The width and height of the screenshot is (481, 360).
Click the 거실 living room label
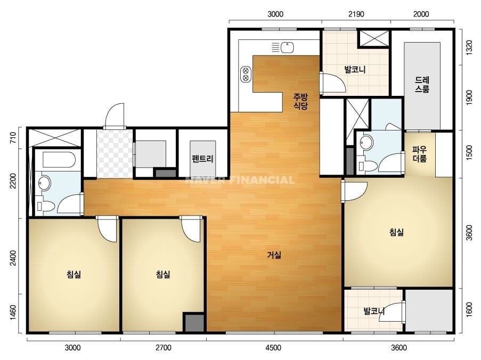274,255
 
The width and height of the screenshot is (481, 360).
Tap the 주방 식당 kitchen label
300,102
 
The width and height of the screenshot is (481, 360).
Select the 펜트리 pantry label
202,159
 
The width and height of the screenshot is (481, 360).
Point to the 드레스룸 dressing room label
422,85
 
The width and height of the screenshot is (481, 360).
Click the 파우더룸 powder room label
419,154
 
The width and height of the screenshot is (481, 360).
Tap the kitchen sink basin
287,47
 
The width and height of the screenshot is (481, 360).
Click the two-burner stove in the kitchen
246,74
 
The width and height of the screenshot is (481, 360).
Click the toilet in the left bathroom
45,206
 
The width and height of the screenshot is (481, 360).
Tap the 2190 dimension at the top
356,14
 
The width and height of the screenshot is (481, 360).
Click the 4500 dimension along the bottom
273,348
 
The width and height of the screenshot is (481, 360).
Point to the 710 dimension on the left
13,138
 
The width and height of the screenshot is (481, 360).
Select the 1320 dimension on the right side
469,47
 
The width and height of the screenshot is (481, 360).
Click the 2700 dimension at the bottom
163,348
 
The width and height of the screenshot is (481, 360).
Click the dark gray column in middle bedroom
194,322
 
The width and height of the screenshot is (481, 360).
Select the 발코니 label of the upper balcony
355,69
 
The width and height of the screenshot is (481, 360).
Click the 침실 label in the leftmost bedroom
74,274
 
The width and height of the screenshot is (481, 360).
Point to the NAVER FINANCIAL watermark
240,179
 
